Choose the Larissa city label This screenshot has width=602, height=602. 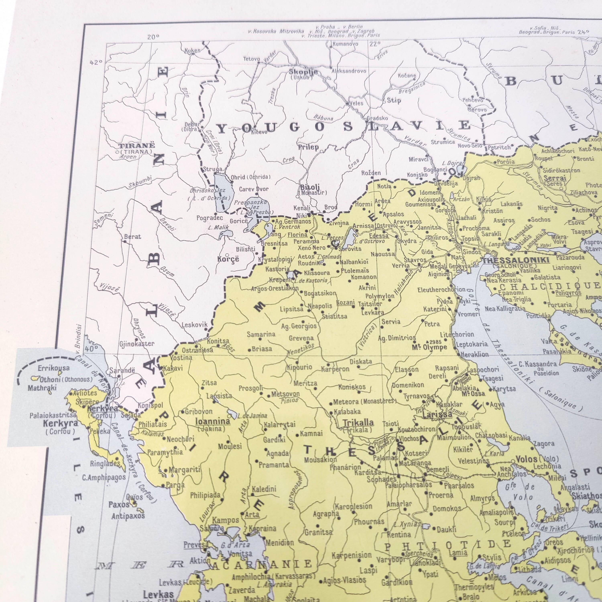point(437,415)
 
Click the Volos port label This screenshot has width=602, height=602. point(527,459)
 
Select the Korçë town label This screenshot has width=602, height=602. point(228,259)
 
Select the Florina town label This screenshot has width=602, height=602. point(297,235)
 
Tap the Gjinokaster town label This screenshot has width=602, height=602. point(137,344)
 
